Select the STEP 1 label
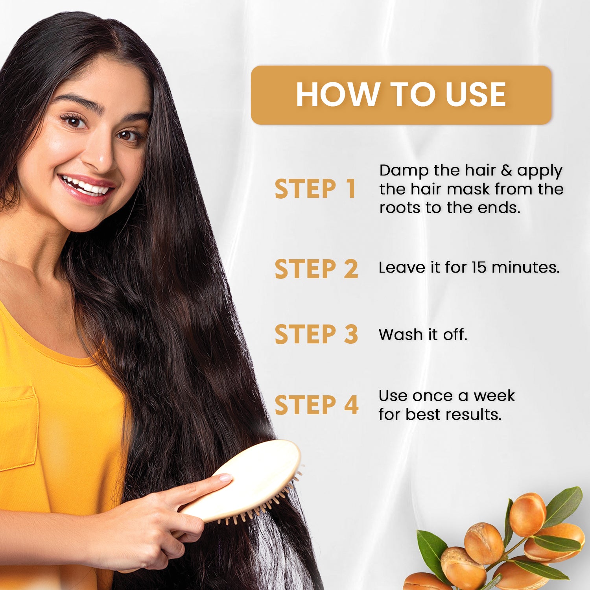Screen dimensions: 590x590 pyautogui.click(x=315, y=189)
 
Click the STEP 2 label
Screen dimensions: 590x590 pyautogui.click(x=316, y=269)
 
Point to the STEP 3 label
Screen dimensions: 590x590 pyautogui.click(x=316, y=334)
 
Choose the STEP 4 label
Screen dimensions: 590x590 pyautogui.click(x=316, y=405)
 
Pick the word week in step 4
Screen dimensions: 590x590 pyautogui.click(x=494, y=396)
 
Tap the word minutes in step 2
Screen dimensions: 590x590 pyautogui.click(x=525, y=267)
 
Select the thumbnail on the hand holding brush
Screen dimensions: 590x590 pyautogui.click(x=225, y=478)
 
